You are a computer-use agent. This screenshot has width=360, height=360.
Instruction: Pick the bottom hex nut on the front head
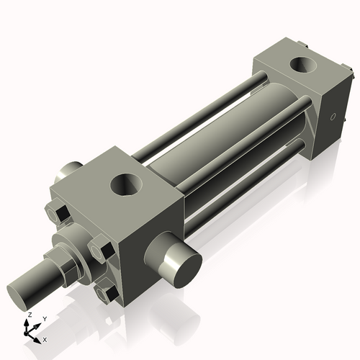click(107, 293)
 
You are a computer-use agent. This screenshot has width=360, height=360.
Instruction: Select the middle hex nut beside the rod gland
click(100, 251)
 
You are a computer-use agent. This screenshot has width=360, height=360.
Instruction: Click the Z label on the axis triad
click(29, 315)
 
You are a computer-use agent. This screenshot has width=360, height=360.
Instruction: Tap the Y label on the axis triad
click(44, 318)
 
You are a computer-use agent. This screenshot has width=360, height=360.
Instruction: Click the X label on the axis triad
click(45, 338)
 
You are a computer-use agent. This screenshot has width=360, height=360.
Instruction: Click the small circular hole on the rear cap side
click(333, 117)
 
